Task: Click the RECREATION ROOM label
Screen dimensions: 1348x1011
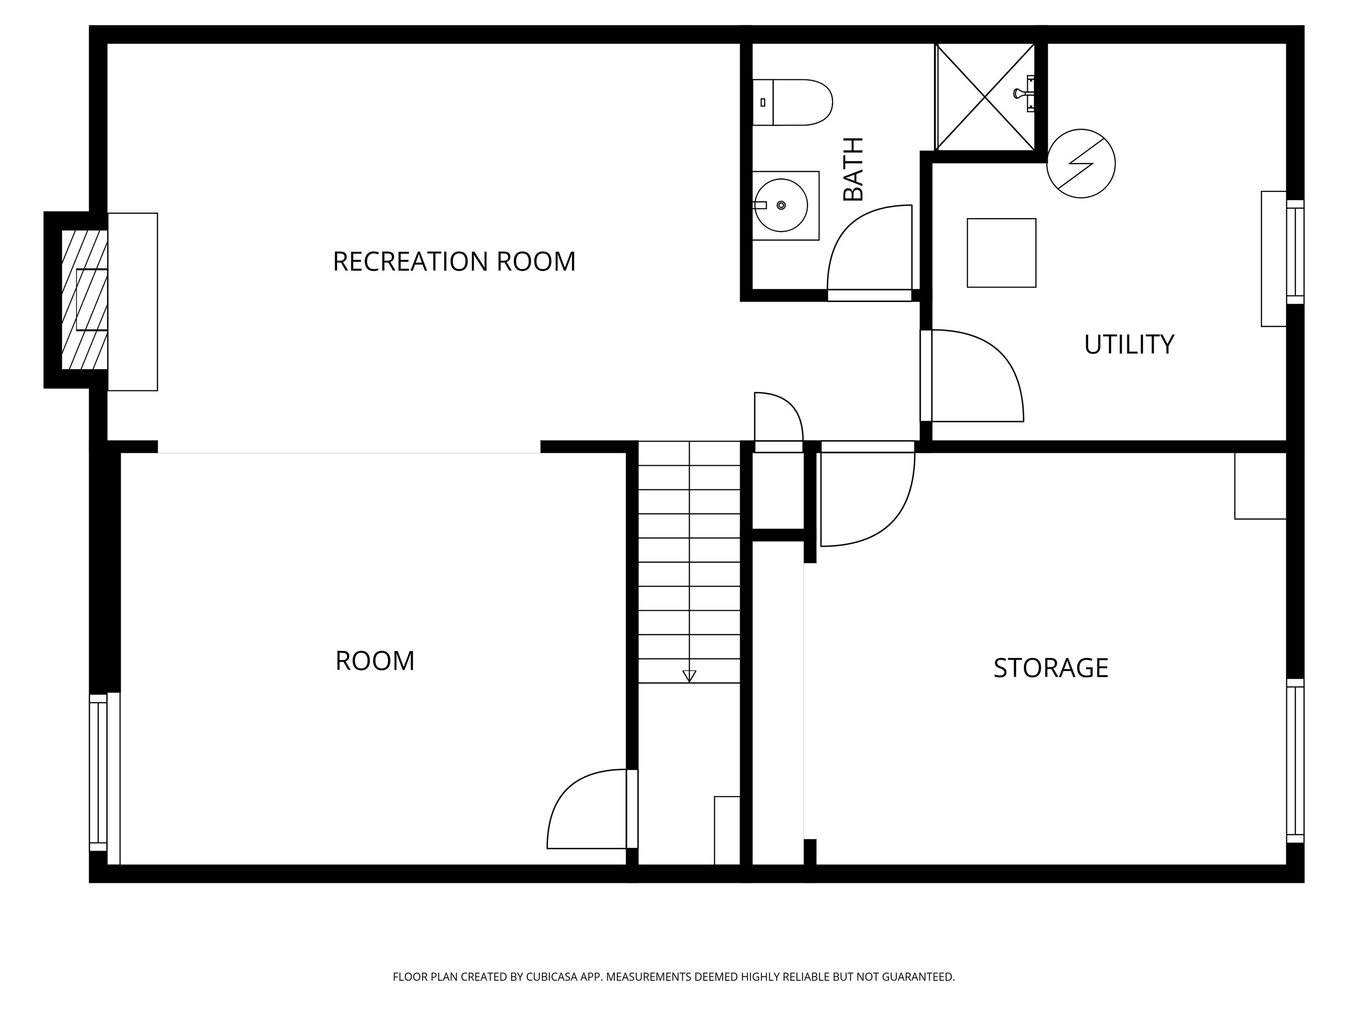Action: [x=454, y=262]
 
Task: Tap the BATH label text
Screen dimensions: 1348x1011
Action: [x=853, y=169]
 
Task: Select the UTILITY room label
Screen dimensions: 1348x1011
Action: [x=1129, y=344]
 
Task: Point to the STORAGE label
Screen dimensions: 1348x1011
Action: [x=1050, y=668]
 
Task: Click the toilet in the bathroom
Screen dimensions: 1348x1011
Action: [x=792, y=102]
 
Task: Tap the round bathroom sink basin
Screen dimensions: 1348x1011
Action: [x=781, y=205]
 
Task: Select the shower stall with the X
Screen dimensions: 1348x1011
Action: [x=985, y=97]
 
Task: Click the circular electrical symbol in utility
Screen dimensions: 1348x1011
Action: [x=1080, y=163]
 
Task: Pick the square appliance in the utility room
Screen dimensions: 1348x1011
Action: [x=1001, y=253]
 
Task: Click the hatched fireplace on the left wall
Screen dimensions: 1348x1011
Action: [x=85, y=299]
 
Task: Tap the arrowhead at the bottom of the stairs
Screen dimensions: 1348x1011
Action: [x=689, y=676]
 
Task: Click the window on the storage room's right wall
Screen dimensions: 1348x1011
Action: [x=1295, y=760]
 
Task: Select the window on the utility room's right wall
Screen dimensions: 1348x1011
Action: [x=1295, y=252]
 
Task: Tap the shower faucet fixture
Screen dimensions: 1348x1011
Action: [x=1025, y=93]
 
